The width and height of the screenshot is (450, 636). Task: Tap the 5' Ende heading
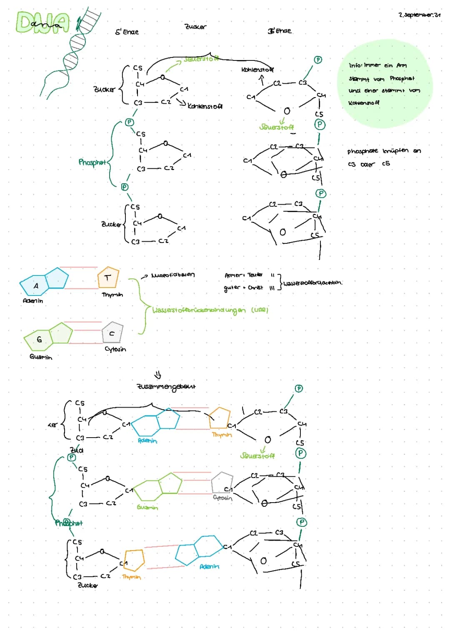[127, 32]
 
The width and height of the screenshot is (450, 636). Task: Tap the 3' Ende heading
[280, 31]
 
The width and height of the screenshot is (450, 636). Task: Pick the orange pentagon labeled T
[108, 278]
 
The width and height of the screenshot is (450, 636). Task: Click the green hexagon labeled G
[39, 340]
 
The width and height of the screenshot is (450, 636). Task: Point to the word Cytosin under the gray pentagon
[115, 349]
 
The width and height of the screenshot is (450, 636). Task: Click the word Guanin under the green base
[41, 357]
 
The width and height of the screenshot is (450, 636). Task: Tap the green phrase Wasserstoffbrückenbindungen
[199, 310]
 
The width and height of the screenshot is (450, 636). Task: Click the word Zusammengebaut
[166, 386]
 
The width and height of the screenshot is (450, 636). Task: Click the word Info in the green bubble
[355, 65]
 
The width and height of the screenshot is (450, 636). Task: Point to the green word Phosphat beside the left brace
[92, 162]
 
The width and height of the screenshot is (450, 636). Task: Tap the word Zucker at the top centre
[195, 27]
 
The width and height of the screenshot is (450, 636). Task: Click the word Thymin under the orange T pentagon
[112, 295]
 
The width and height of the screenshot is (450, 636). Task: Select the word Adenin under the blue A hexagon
[32, 300]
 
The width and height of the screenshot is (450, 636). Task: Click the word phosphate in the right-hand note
[362, 151]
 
